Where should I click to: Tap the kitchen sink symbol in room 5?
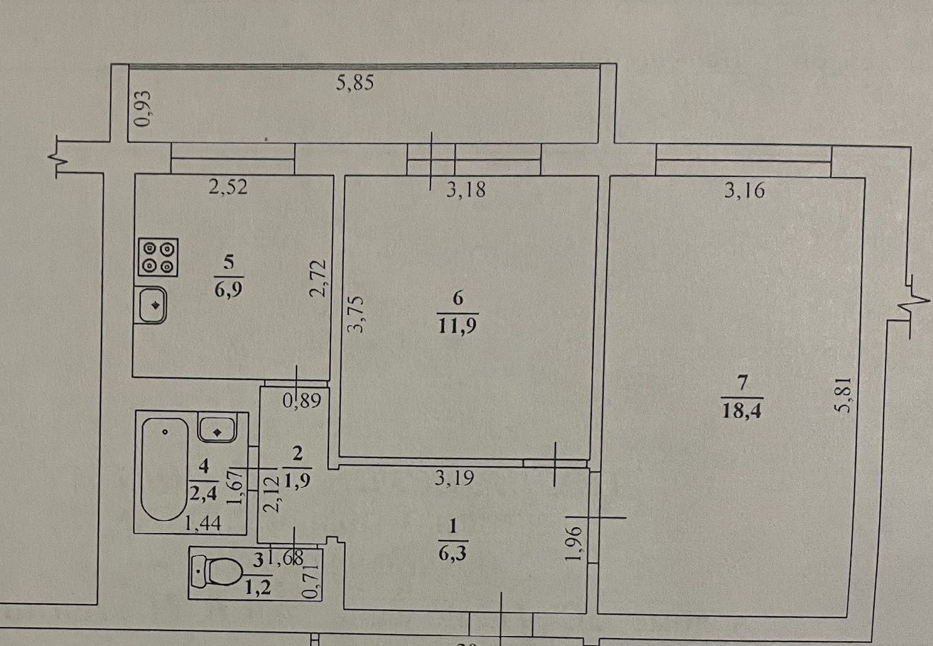[151, 306]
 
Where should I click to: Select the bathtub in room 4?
[164, 470]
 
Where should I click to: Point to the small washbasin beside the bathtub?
[217, 429]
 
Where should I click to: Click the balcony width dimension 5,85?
[355, 83]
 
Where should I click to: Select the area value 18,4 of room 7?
[741, 411]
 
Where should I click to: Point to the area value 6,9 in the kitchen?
[228, 289]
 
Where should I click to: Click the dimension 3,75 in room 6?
[358, 315]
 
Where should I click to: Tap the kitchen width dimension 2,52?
[229, 188]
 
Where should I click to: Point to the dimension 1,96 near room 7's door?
[577, 543]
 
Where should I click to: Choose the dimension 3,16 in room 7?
[743, 190]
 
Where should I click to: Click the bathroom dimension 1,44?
[203, 524]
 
